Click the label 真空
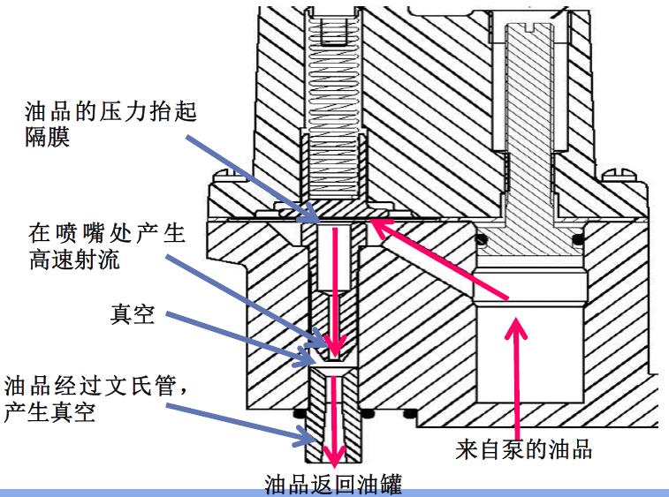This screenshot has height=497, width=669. pos(133,316)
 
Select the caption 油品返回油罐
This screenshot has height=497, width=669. pos(333,484)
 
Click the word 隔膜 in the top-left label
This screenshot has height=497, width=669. pos(42,138)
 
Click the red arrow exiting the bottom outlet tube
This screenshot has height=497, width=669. pos(334,424)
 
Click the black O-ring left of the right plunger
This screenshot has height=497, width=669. pos(481,239)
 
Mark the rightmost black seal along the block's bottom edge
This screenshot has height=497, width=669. pos(407,413)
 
